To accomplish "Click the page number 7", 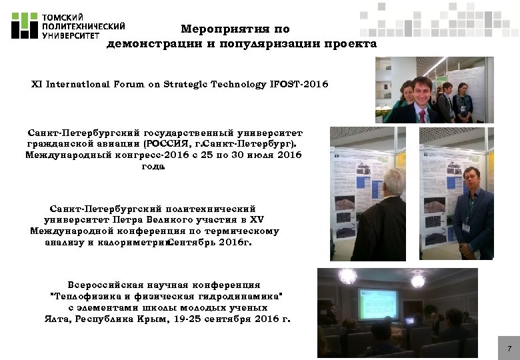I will click(x=509, y=349).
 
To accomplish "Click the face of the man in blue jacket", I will click(x=474, y=181).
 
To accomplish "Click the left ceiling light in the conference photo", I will click(x=347, y=275).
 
